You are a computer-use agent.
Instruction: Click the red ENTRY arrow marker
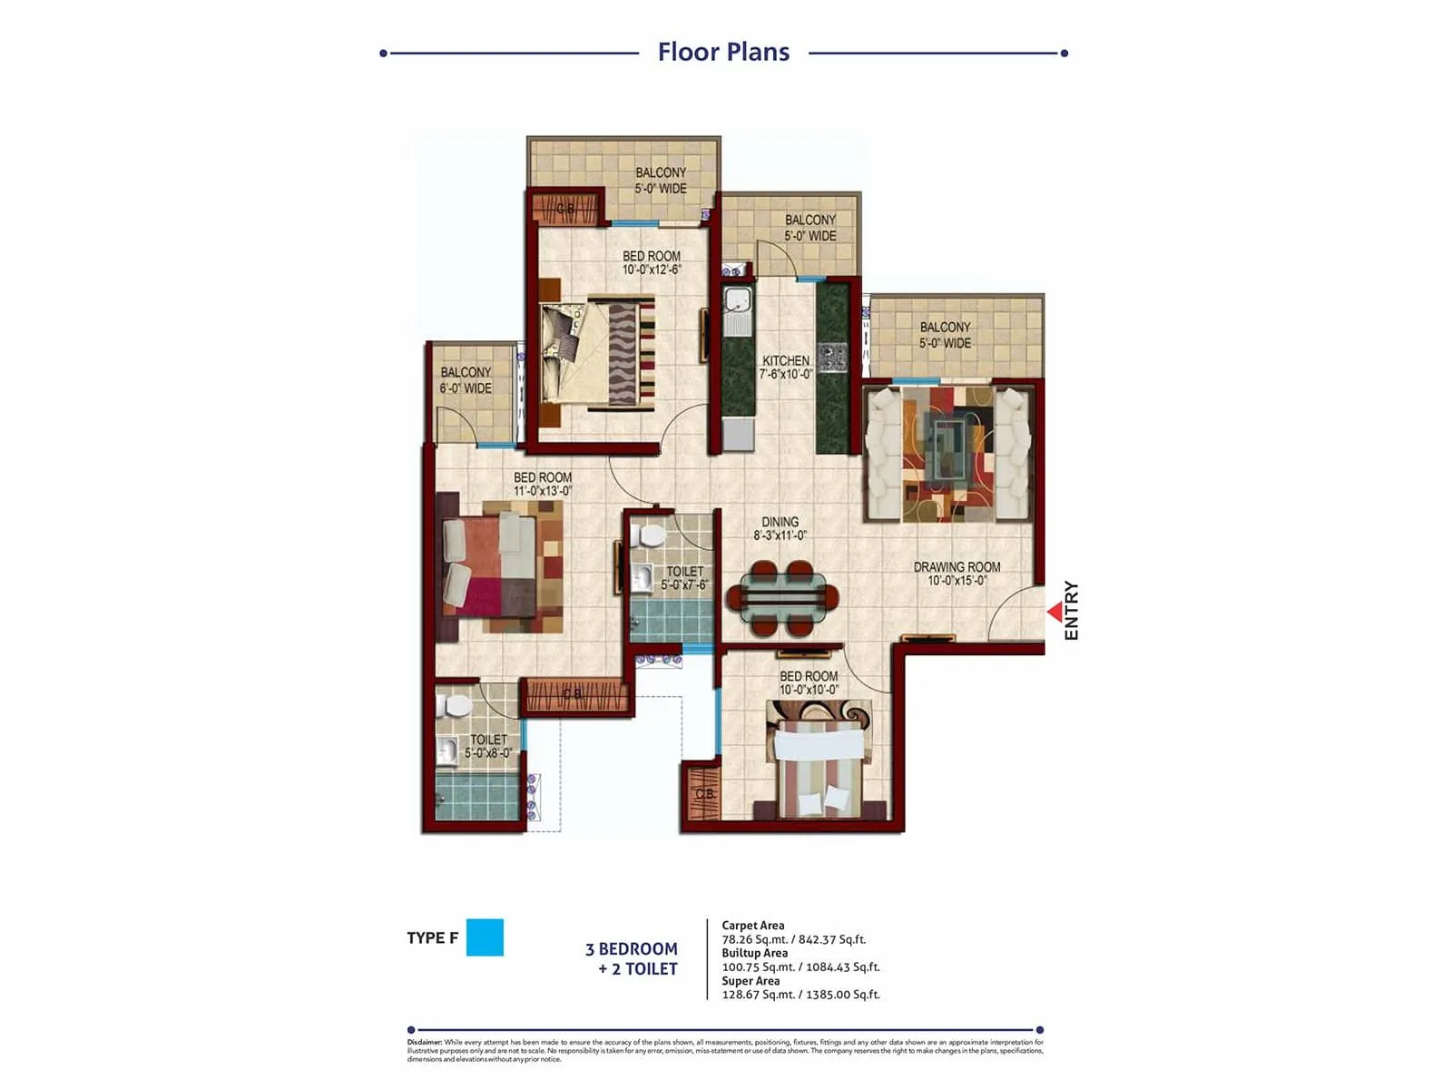(x=1055, y=613)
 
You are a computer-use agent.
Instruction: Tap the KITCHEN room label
(x=786, y=360)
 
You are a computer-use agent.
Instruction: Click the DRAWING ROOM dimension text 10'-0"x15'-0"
(x=957, y=581)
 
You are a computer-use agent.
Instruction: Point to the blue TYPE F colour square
(x=485, y=937)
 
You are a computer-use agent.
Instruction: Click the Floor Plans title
(x=723, y=52)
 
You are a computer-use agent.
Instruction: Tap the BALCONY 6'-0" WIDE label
(x=466, y=380)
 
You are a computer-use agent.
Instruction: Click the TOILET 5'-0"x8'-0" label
(x=488, y=746)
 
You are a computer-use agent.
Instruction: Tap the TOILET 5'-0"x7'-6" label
(x=684, y=578)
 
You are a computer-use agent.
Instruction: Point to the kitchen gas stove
(x=833, y=358)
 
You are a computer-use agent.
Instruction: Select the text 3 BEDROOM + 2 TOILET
(x=633, y=958)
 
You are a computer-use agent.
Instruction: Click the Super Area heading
(x=751, y=981)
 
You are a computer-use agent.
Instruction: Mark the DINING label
(x=780, y=522)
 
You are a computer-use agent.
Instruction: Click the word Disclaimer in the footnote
(x=425, y=1043)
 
